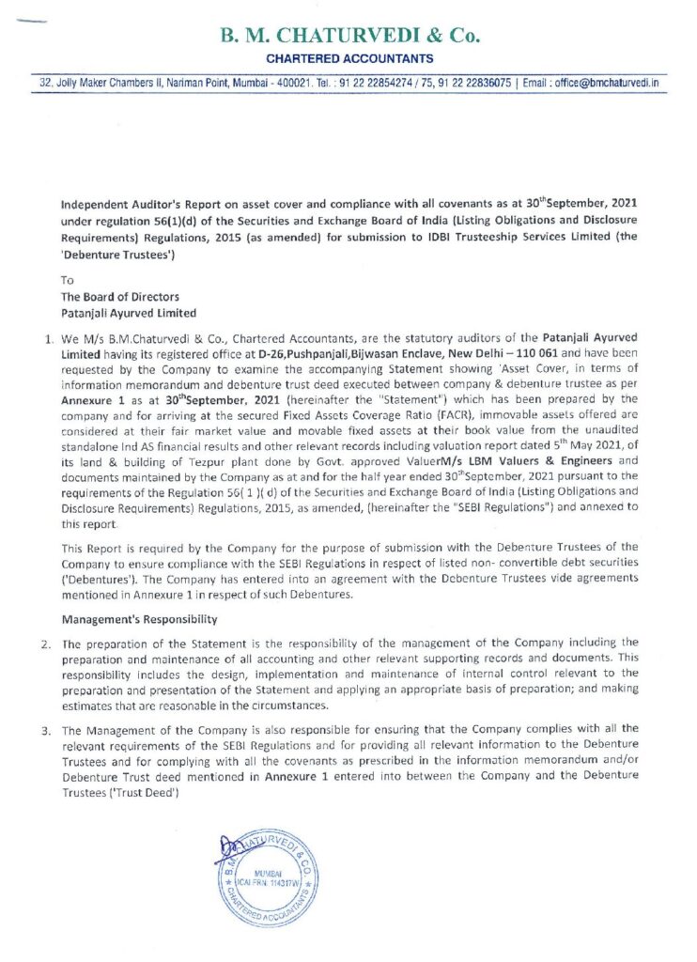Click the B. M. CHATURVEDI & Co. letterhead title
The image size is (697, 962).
pyautogui.click(x=349, y=37)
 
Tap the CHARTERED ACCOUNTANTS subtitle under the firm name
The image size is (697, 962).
pyautogui.click(x=349, y=59)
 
